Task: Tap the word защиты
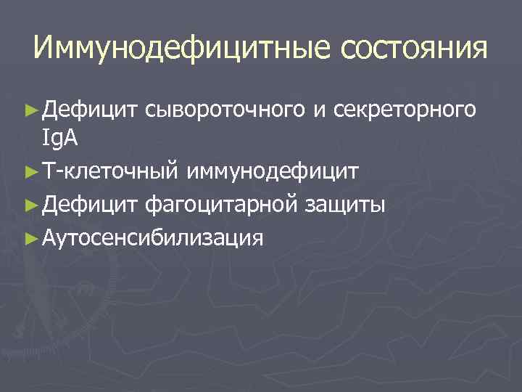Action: pos(344,205)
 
